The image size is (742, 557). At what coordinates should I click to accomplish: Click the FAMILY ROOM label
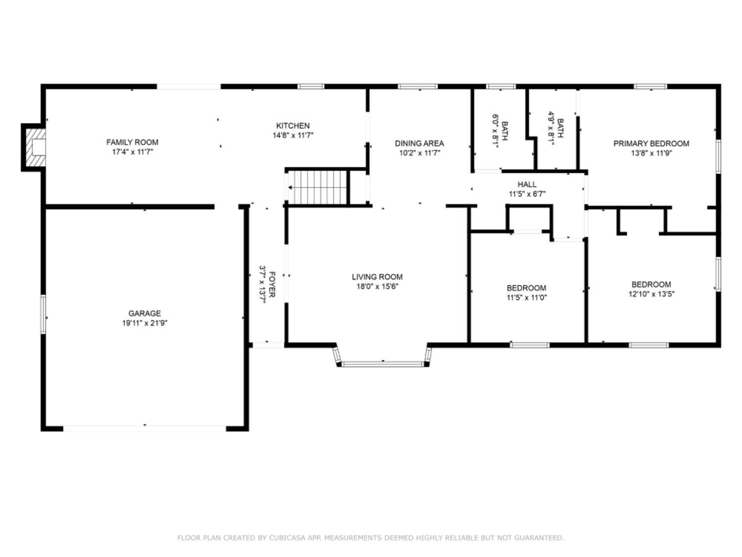(x=132, y=142)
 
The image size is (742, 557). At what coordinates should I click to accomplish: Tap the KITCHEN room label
(x=293, y=126)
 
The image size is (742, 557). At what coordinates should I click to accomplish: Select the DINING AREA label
(x=419, y=143)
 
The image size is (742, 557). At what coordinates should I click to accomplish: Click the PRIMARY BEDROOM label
(x=651, y=144)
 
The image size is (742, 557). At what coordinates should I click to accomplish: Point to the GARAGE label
(x=144, y=313)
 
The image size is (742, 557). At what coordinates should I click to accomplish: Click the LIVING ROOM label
(x=377, y=277)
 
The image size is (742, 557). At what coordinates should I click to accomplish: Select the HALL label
(x=527, y=184)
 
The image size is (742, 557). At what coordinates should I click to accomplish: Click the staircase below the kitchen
(x=317, y=188)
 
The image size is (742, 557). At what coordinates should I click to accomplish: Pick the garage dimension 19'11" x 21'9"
(x=144, y=323)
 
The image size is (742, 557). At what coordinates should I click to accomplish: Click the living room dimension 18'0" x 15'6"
(x=377, y=286)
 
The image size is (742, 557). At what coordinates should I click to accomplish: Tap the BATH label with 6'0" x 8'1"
(x=504, y=130)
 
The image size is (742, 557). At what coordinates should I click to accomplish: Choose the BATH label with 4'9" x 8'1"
(x=560, y=127)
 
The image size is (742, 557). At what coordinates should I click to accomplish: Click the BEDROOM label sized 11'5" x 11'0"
(x=526, y=288)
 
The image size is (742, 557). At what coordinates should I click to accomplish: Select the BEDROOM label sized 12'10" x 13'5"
(x=651, y=284)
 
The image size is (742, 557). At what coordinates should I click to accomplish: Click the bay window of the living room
(x=383, y=364)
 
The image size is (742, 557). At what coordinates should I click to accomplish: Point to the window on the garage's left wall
(x=43, y=314)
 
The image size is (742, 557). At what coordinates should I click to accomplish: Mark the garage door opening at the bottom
(x=144, y=428)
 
